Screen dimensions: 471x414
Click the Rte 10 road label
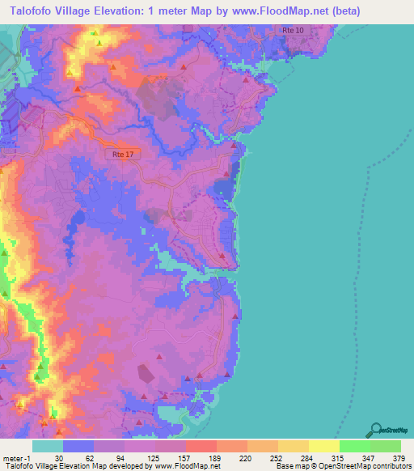pyautogui.click(x=294, y=30)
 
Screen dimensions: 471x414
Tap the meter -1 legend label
pyautogui.click(x=15, y=458)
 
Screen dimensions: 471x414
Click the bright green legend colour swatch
pyautogui.click(x=354, y=446)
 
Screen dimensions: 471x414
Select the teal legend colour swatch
pyautogui.click(x=48, y=446)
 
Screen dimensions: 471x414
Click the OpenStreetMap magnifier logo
pyautogui.click(x=377, y=431)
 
